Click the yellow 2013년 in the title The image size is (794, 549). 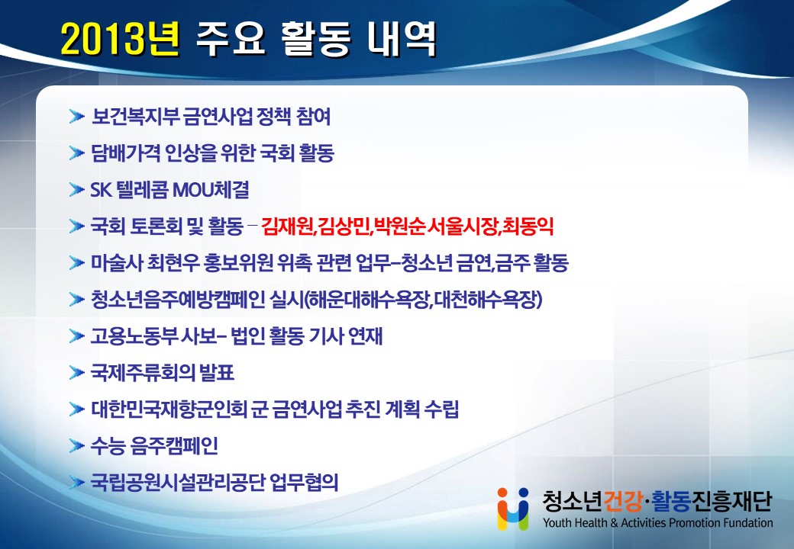click(x=120, y=40)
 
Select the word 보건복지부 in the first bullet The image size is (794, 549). click(x=135, y=117)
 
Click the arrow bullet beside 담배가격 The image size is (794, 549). click(x=76, y=153)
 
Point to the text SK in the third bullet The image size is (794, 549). click(x=101, y=190)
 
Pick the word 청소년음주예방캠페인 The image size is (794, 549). click(x=178, y=299)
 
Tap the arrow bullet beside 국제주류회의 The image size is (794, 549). click(x=76, y=373)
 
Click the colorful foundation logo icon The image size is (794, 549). click(x=512, y=509)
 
